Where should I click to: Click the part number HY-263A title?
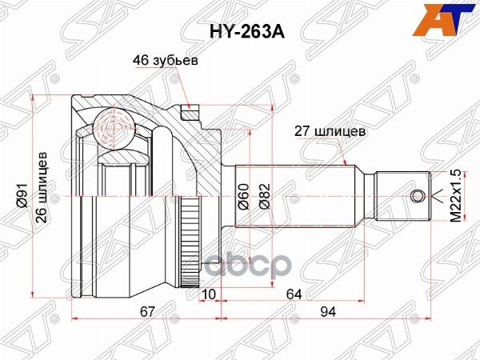pyautogui.click(x=240, y=33)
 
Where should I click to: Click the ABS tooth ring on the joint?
pyautogui.click(x=190, y=241)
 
